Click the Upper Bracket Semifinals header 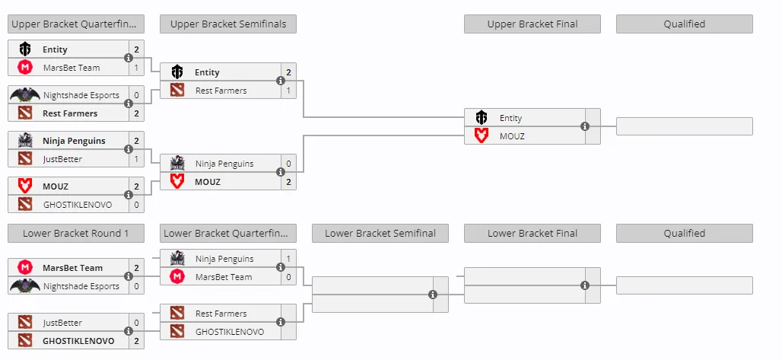228,24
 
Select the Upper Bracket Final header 532,24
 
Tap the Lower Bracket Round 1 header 76,233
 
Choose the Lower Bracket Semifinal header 380,233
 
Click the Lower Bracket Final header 532,233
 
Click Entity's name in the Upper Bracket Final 510,118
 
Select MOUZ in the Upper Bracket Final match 512,135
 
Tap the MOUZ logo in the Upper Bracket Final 482,135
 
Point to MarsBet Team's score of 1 136,68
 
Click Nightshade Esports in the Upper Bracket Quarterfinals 81,95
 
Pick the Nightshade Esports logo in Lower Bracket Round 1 25,285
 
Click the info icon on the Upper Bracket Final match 585,127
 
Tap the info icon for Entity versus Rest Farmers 281,81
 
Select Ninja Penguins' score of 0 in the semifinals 288,164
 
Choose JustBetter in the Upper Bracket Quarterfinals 62,159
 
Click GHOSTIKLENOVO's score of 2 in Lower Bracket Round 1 136,341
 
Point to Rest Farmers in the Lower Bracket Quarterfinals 221,314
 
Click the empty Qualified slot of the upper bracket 685,126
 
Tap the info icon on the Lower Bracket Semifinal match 433,295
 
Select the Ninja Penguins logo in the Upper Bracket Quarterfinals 25,141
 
